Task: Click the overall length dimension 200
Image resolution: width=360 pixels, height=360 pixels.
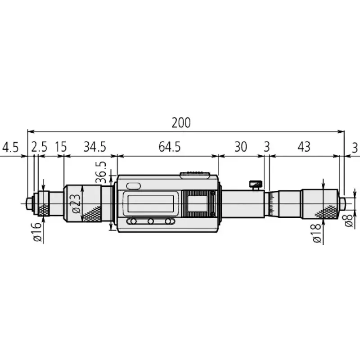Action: pyautogui.click(x=181, y=122)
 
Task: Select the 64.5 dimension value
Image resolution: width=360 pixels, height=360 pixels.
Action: pyautogui.click(x=167, y=147)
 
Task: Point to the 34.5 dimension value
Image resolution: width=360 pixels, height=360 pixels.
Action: pyautogui.click(x=94, y=147)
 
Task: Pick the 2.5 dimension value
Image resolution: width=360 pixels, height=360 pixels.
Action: pyautogui.click(x=39, y=147)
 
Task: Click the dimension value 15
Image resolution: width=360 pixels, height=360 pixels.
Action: pyautogui.click(x=61, y=147)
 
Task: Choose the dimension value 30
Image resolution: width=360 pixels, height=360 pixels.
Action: pyautogui.click(x=241, y=147)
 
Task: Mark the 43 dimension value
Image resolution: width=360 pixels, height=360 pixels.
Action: pyautogui.click(x=304, y=147)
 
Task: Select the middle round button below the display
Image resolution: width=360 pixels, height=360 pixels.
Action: pyautogui.click(x=150, y=221)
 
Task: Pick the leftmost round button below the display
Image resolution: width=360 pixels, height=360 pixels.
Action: pyautogui.click(x=133, y=221)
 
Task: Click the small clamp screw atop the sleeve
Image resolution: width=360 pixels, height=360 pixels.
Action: pyautogui.click(x=255, y=184)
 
